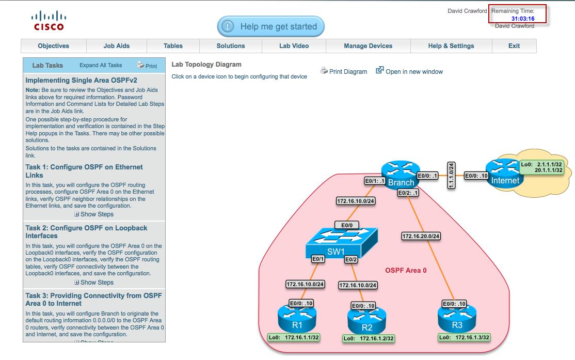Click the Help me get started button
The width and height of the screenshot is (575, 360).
270,26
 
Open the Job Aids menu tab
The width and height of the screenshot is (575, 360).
116,46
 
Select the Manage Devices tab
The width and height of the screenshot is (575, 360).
368,46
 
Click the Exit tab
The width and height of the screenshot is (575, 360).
514,46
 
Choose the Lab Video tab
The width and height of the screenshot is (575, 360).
294,46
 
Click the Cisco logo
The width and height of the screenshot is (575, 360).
49,21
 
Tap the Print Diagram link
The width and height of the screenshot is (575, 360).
344,72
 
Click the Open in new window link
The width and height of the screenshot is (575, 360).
409,72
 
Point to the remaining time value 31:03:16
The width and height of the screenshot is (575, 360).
522,19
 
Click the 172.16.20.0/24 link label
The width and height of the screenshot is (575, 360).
421,237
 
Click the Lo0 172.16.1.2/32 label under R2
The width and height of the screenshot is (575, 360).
369,339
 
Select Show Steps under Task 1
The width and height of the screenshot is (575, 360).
94,214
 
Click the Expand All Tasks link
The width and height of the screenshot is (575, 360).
101,66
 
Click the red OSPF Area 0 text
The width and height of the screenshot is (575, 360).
406,270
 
